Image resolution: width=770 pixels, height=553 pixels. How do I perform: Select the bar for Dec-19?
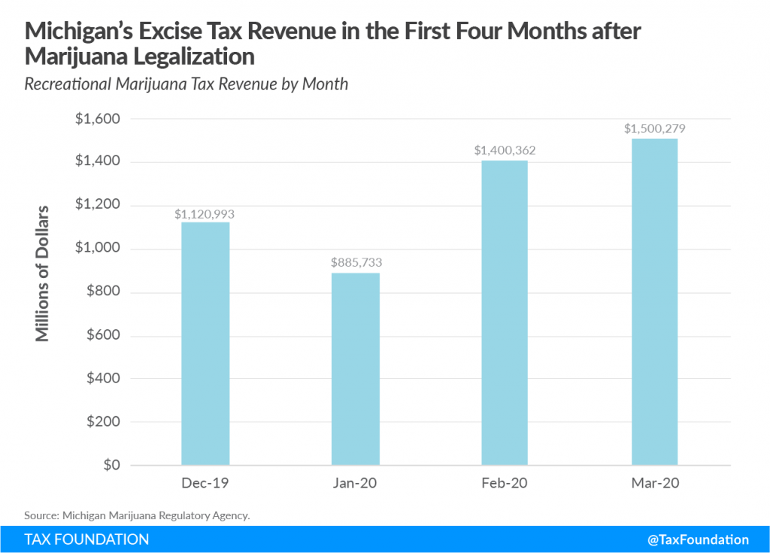(205, 343)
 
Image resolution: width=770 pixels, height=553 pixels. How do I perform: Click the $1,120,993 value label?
(205, 214)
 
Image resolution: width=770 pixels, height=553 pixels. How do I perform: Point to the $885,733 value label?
(355, 264)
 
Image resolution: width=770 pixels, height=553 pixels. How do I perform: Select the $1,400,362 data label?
(505, 151)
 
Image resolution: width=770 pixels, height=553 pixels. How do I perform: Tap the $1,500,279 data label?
(654, 129)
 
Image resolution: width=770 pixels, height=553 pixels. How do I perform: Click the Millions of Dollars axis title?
(43, 273)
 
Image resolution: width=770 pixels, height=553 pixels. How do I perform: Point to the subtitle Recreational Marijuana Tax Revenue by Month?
(186, 83)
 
